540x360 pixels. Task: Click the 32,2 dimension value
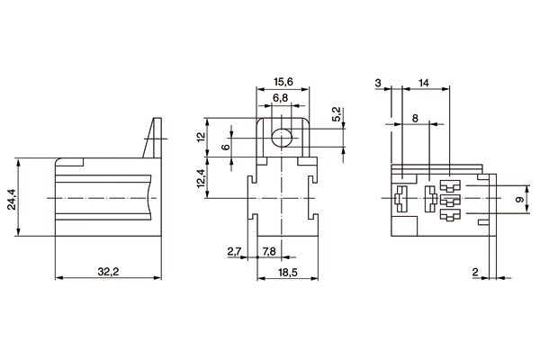click(x=108, y=270)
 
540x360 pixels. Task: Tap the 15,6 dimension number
click(x=283, y=82)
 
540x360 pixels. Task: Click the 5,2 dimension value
click(x=335, y=115)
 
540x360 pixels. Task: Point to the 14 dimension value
click(x=424, y=83)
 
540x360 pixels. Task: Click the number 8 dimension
click(x=414, y=118)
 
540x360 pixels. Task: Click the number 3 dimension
click(x=379, y=83)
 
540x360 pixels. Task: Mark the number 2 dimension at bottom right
click(x=474, y=270)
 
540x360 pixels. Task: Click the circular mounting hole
click(x=283, y=138)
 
